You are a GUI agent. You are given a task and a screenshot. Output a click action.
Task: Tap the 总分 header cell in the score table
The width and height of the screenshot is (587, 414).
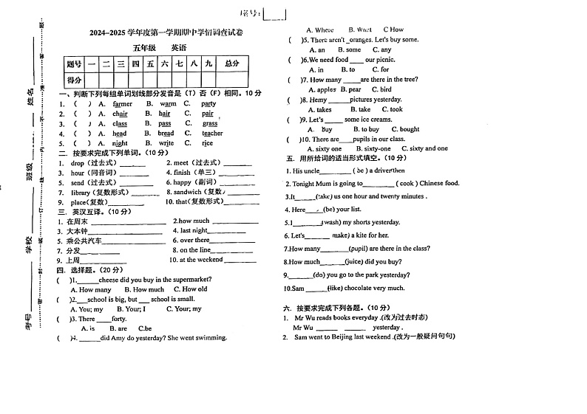(232, 64)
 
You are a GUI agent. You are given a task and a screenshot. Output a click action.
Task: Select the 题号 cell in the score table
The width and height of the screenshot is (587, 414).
(74, 64)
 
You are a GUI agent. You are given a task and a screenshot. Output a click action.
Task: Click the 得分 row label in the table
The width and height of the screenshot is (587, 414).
(74, 80)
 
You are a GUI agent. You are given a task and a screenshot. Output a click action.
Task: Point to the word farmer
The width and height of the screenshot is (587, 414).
(123, 104)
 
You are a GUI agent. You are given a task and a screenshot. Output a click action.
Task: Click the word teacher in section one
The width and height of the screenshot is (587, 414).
(212, 134)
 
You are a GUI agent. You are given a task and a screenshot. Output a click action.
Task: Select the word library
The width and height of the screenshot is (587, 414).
(81, 193)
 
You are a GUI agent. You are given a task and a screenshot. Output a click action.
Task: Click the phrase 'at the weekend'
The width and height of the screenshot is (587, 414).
(201, 260)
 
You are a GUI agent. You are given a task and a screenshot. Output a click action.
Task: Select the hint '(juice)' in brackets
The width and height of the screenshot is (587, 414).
(356, 261)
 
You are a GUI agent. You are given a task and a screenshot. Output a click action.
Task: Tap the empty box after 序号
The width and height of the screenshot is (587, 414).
(275, 13)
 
